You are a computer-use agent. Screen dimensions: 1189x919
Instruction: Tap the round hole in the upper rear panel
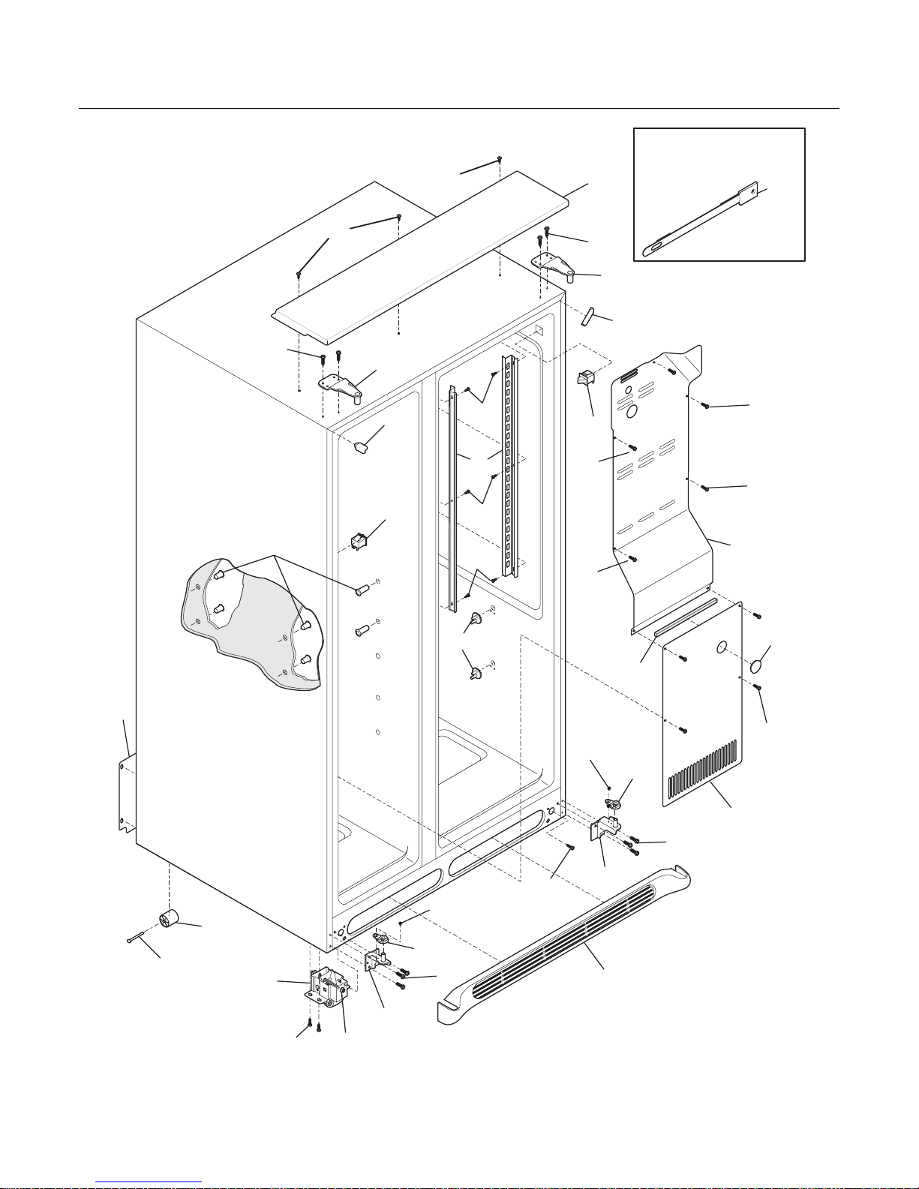[x=631, y=412]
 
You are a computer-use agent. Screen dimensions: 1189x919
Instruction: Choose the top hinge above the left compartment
[x=342, y=385]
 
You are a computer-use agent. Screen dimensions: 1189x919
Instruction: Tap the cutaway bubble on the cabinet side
[x=251, y=623]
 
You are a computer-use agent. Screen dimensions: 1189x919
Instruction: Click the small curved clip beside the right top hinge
[x=587, y=316]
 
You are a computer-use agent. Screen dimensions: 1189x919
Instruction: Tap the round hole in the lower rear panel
[x=722, y=646]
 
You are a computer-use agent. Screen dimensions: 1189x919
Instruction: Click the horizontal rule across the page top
[x=459, y=109]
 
